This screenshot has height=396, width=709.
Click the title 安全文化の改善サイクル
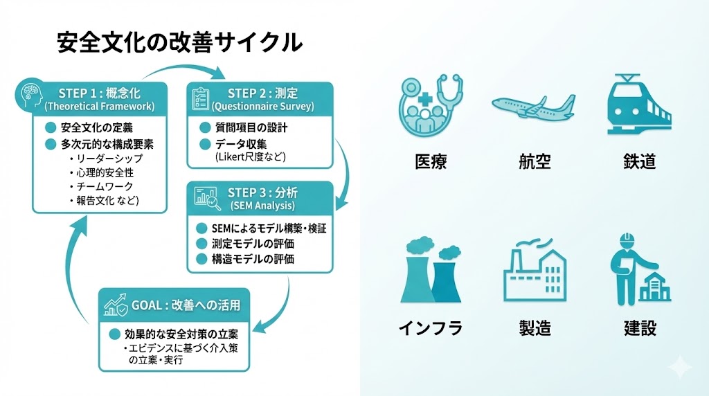(179, 43)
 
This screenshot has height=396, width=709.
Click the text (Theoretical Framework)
(99, 107)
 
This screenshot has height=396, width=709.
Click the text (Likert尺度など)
(251, 156)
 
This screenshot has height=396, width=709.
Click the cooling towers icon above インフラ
(430, 271)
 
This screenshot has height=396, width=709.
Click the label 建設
(639, 328)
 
